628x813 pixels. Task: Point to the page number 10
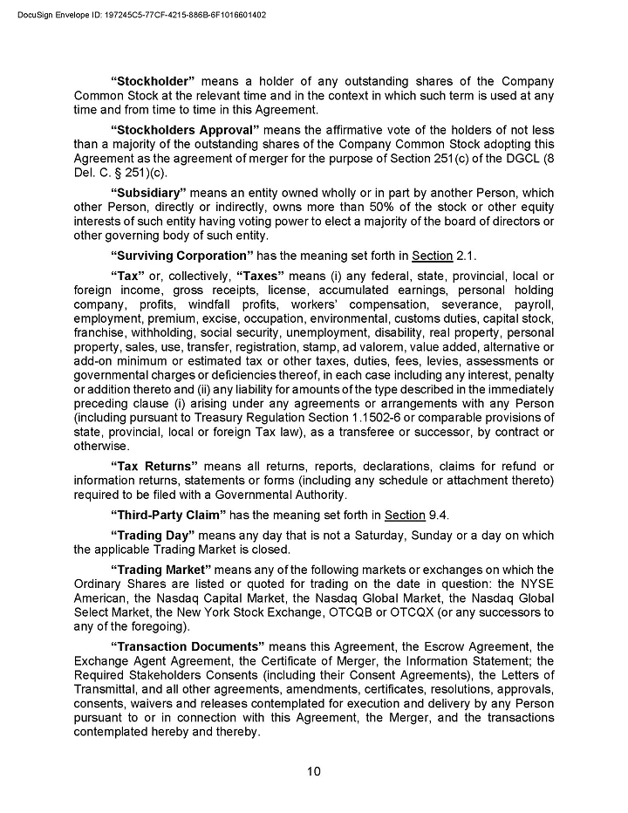314,770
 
